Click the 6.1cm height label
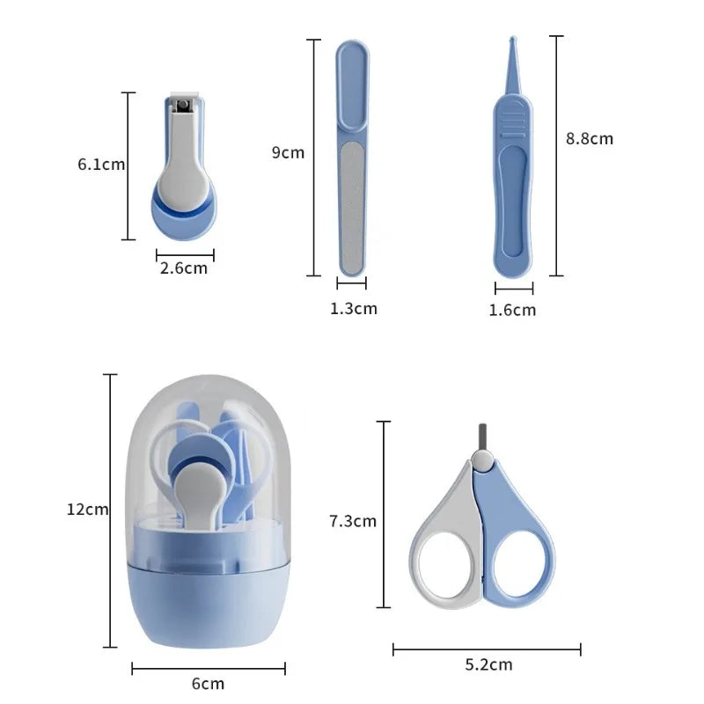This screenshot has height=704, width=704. pos(101,165)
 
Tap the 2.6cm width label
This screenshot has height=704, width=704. pos(184,268)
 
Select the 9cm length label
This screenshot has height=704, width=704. pos(288,152)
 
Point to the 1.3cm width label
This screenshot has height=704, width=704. pos(353,308)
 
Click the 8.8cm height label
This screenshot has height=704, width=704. pos(589,138)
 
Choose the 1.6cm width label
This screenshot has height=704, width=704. pos(512,309)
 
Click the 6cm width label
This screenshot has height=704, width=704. pos(208,683)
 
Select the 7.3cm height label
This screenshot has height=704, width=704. pos(352,521)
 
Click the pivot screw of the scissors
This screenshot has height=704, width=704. pos(480,459)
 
